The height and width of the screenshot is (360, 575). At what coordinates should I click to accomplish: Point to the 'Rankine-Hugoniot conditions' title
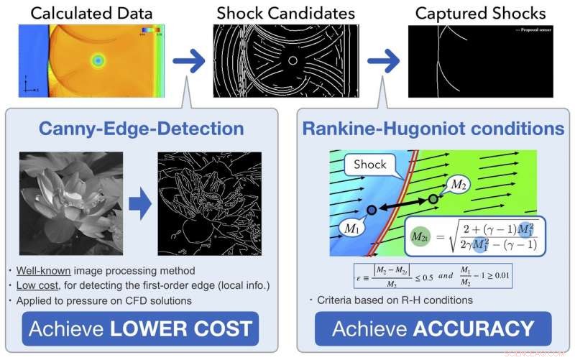433,129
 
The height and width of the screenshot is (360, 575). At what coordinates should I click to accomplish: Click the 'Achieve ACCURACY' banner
433,329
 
